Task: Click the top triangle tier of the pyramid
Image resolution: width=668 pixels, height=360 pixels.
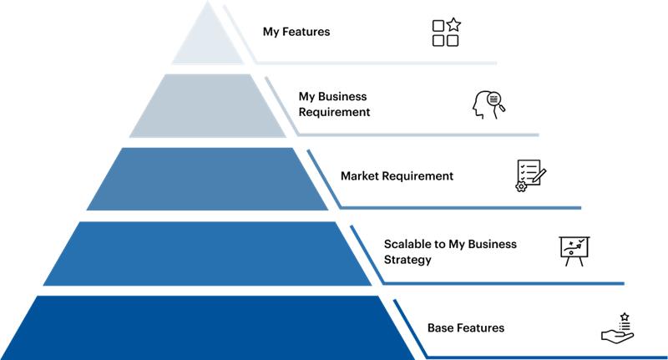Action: point(207,42)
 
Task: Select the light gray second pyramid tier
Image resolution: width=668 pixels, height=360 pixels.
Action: point(207,106)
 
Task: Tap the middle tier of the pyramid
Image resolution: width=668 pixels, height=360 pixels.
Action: point(207,179)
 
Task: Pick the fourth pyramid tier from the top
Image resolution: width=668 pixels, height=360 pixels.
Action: point(207,253)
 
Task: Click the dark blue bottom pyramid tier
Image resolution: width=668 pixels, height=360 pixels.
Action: point(207,327)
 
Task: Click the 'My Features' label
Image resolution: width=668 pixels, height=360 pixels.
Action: point(296,33)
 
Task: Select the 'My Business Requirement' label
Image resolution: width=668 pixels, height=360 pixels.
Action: point(334,104)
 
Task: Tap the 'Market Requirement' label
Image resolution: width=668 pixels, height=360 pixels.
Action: point(397,176)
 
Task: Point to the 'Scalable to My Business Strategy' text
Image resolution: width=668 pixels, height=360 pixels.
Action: point(450,251)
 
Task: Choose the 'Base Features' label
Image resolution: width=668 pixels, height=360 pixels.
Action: point(466,328)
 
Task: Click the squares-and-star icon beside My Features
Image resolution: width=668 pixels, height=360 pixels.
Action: point(446,33)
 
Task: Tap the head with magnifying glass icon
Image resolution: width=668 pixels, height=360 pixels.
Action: point(488,104)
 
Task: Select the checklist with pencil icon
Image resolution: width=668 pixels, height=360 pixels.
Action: point(531,176)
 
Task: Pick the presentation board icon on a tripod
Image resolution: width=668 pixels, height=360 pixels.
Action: point(574,251)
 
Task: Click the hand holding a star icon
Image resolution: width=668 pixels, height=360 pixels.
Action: point(617,327)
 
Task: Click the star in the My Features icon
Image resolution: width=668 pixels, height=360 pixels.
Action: point(453,25)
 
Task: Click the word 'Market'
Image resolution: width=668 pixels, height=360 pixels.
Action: point(360,176)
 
